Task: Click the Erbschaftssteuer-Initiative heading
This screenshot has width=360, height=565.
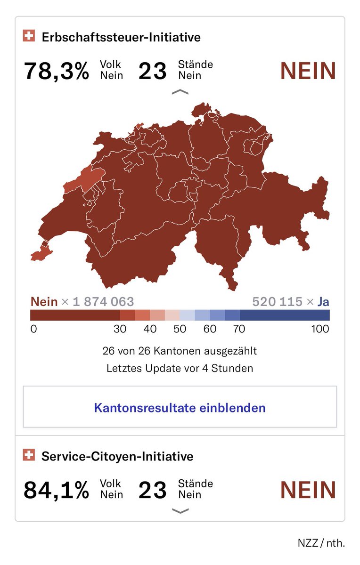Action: (x=121, y=37)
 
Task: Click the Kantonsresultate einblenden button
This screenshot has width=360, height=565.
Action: (x=180, y=407)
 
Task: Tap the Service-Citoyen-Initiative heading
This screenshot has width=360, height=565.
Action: (x=117, y=456)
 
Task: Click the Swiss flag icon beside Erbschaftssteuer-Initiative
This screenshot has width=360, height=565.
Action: (x=29, y=36)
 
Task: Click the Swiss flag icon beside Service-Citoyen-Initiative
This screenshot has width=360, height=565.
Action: (x=29, y=455)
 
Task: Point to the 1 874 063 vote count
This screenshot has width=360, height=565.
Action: (x=103, y=301)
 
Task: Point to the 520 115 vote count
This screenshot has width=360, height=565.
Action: (x=277, y=301)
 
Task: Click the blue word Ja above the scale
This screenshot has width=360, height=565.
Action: (x=323, y=301)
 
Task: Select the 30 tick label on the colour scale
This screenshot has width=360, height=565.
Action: (x=120, y=329)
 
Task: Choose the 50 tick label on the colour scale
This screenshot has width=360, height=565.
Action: (x=180, y=329)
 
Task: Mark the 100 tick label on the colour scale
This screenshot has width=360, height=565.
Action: (x=320, y=329)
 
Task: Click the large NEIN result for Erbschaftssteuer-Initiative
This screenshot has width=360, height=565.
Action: (x=308, y=71)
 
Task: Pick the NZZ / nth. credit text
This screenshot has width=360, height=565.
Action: (x=321, y=542)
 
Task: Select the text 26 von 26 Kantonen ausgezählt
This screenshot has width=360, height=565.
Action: (x=180, y=351)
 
